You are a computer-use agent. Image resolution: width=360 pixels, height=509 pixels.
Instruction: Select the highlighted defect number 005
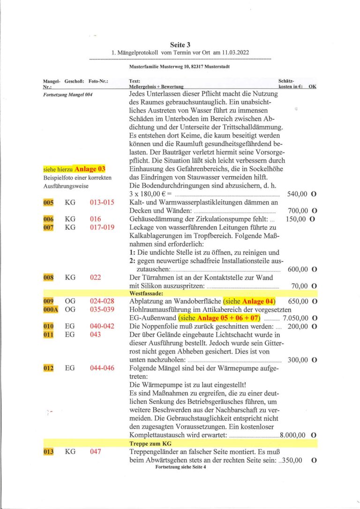48,202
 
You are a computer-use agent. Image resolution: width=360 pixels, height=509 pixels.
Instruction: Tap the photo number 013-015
101,202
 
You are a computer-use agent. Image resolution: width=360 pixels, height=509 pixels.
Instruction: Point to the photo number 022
96,277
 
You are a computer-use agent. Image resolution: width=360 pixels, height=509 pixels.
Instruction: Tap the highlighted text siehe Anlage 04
249,301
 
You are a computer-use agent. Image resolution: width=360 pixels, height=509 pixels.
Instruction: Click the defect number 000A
50,310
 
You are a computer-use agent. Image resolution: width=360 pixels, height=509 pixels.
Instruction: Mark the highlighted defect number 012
48,368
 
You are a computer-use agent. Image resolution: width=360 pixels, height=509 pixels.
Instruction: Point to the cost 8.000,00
293,435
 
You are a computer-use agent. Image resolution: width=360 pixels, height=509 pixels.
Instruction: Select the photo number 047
96,451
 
